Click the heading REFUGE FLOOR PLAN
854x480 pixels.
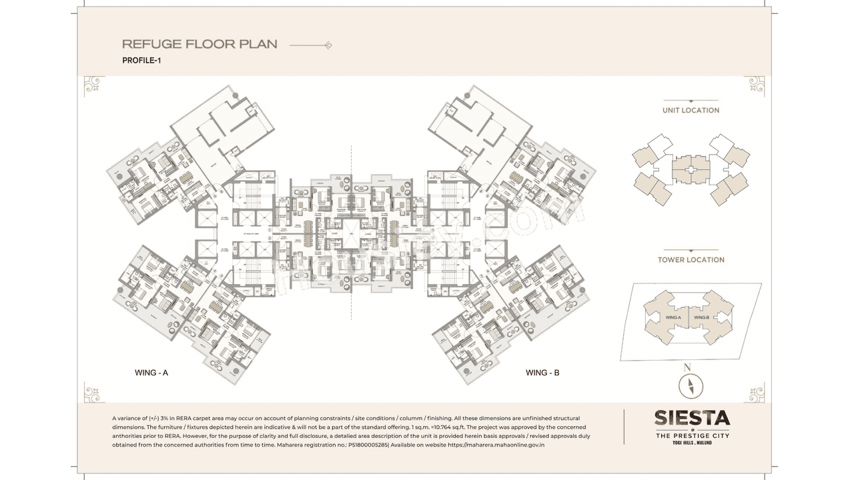coord(199,45)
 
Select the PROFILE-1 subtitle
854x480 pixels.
coord(142,61)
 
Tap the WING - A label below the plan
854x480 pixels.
coord(151,373)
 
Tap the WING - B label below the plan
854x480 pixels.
coord(542,373)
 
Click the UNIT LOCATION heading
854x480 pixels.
coord(691,110)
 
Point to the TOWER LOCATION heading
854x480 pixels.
coord(691,259)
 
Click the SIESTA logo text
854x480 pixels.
coord(692,418)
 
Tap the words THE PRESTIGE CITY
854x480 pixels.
coord(692,435)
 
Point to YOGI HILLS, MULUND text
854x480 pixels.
coord(692,443)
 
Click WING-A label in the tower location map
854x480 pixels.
coord(673,317)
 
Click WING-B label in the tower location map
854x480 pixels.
coord(701,317)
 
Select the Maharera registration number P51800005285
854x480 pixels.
coord(366,444)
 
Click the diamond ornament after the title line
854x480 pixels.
coord(328,45)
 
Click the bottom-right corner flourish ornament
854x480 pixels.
coord(755,392)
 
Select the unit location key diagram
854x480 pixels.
coord(691,169)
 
